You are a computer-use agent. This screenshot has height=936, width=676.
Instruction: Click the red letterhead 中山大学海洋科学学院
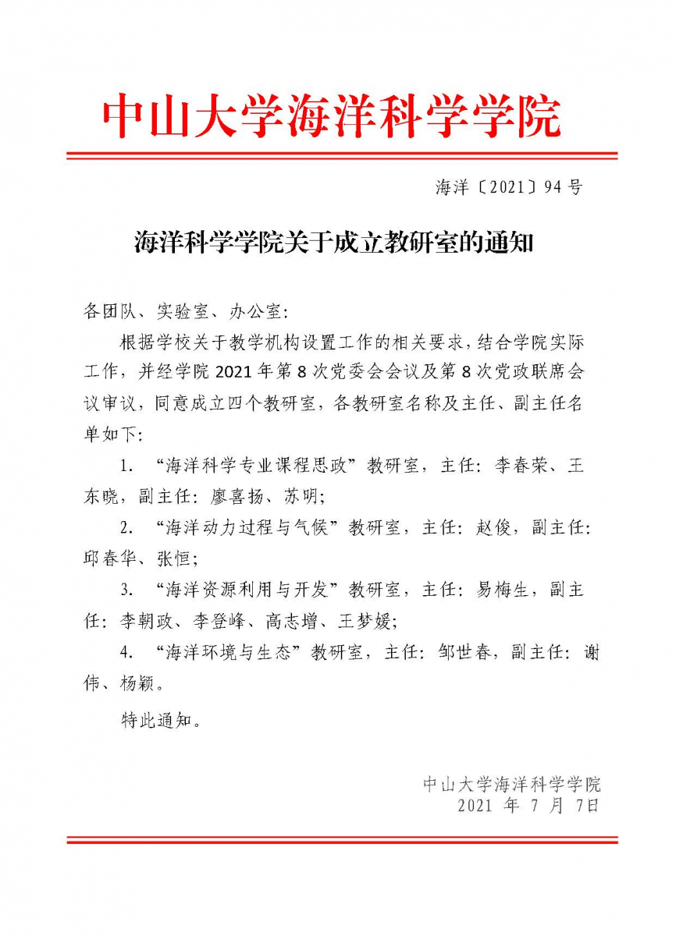332,117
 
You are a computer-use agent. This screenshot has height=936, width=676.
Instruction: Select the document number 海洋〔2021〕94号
508,187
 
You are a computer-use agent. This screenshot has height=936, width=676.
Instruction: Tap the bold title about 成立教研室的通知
333,244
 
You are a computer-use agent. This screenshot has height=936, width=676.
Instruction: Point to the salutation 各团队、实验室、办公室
185,313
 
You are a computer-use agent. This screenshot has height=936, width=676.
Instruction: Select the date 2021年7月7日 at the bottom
528,806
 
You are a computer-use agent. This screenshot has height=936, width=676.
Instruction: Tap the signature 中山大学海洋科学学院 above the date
512,784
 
